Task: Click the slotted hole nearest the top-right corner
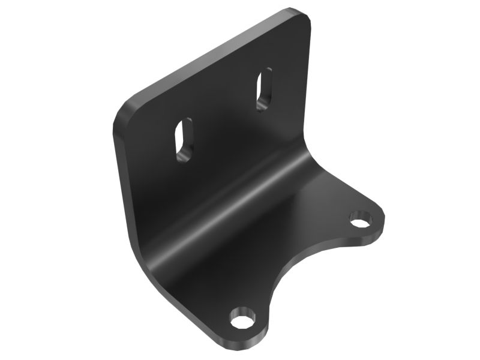coord(264,90)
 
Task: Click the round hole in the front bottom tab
coord(242,319)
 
